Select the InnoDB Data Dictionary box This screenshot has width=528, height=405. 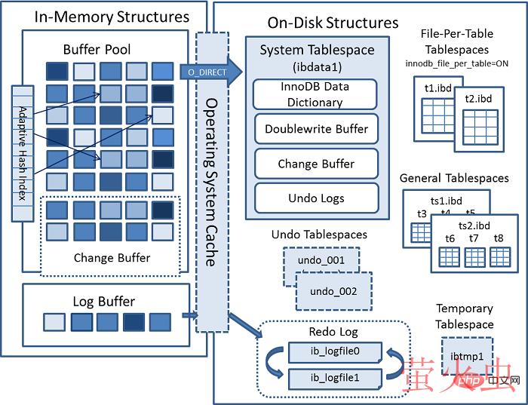(316, 94)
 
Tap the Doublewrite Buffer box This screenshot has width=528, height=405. (316, 129)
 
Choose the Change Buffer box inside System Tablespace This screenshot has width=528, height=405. (316, 164)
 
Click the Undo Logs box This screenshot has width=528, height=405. (316, 198)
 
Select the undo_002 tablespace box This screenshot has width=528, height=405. (333, 291)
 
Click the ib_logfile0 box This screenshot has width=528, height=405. (334, 351)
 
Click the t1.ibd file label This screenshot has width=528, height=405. (437, 87)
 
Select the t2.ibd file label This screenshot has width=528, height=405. (478, 99)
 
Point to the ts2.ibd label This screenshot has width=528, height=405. (474, 226)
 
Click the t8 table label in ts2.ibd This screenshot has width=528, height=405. (498, 238)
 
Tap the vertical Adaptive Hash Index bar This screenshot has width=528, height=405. (21, 153)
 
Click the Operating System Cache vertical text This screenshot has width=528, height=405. (212, 181)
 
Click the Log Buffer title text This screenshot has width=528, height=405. (103, 302)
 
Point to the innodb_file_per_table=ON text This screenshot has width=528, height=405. (467, 63)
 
